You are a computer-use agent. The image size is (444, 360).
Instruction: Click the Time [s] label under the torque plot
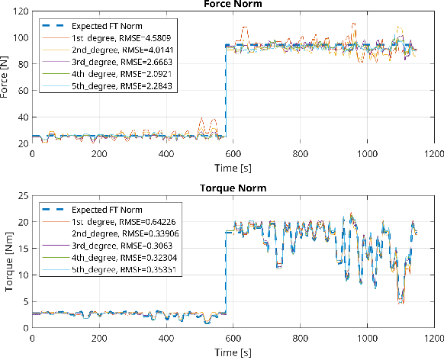(x=233, y=353)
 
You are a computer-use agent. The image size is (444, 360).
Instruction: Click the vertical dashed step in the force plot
(x=225, y=92)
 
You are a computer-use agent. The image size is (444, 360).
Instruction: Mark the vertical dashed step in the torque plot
(x=225, y=275)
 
